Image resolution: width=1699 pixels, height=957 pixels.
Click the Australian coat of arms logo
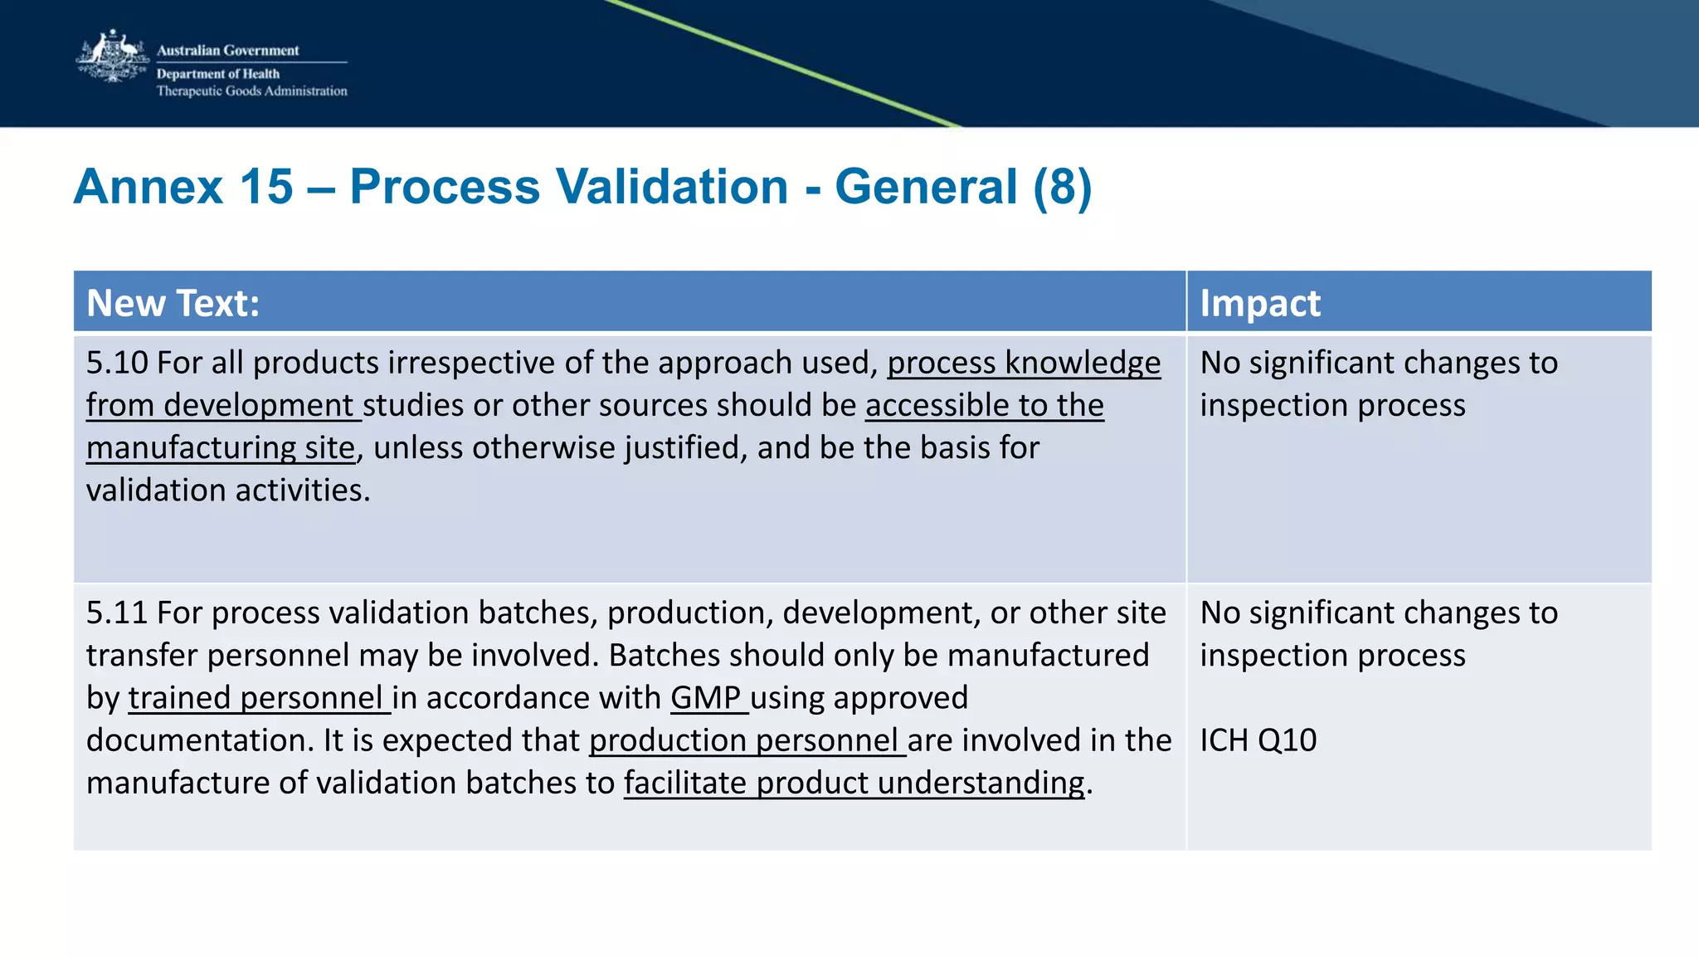tap(111, 56)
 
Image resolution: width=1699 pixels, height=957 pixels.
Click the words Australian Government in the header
tap(227, 51)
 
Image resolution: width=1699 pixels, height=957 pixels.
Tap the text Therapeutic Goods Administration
tap(251, 91)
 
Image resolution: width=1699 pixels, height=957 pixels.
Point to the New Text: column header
tap(173, 303)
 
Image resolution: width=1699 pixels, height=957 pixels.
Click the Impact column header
tap(1259, 303)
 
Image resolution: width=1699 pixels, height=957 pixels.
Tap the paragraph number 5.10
tap(117, 364)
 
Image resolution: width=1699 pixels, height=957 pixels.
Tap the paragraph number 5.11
tap(117, 613)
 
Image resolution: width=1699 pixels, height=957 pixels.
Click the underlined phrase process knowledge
tap(1024, 364)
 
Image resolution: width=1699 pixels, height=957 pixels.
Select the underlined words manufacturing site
tap(221, 448)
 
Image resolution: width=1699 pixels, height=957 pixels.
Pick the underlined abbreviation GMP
tap(705, 698)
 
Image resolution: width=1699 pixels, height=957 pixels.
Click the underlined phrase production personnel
tap(744, 740)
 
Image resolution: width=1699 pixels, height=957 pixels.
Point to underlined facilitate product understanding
tap(854, 783)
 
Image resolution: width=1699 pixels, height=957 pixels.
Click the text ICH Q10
tap(1258, 740)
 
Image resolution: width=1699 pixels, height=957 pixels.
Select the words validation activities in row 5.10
tap(227, 491)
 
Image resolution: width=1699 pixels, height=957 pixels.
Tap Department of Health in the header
tap(217, 74)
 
